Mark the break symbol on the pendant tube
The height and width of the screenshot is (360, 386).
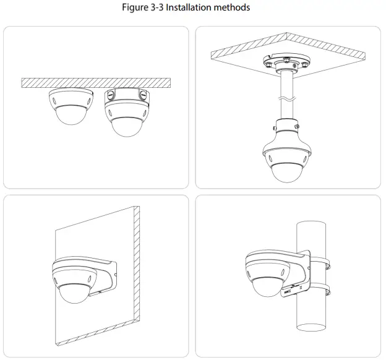(x=285, y=98)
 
